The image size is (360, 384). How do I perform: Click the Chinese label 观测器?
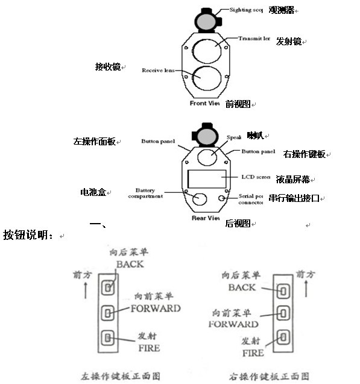click(x=281, y=10)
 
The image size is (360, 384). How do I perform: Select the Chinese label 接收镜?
click(x=107, y=66)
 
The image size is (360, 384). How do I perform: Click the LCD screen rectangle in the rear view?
click(x=207, y=178)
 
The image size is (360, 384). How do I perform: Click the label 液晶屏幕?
click(x=293, y=179)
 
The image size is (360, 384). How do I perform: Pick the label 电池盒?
click(x=93, y=192)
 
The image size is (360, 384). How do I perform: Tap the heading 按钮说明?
click(x=27, y=234)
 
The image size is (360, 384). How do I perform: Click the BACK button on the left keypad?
click(x=109, y=286)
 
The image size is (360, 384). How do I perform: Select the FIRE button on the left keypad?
click(x=109, y=338)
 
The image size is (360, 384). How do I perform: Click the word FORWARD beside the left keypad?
click(x=156, y=308)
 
